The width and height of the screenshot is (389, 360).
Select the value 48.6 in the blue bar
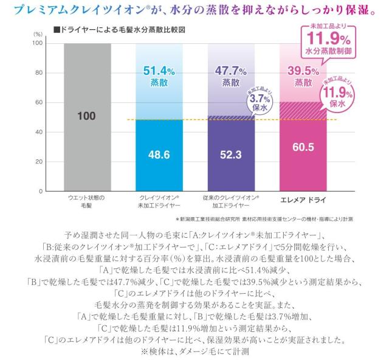[159, 154]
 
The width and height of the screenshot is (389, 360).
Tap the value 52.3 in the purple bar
[231, 154]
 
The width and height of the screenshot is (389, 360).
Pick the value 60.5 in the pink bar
[303, 147]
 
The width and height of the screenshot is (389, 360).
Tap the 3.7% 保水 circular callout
[258, 100]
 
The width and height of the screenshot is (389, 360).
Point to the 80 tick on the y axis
[38, 73]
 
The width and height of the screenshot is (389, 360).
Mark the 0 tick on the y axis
[40, 191]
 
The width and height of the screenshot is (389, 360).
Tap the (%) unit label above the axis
[38, 34]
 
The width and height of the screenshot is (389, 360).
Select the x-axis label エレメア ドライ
[303, 199]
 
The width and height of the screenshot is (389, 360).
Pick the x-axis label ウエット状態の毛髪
[86, 203]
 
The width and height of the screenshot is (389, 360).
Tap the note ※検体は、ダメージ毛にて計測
[194, 351]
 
